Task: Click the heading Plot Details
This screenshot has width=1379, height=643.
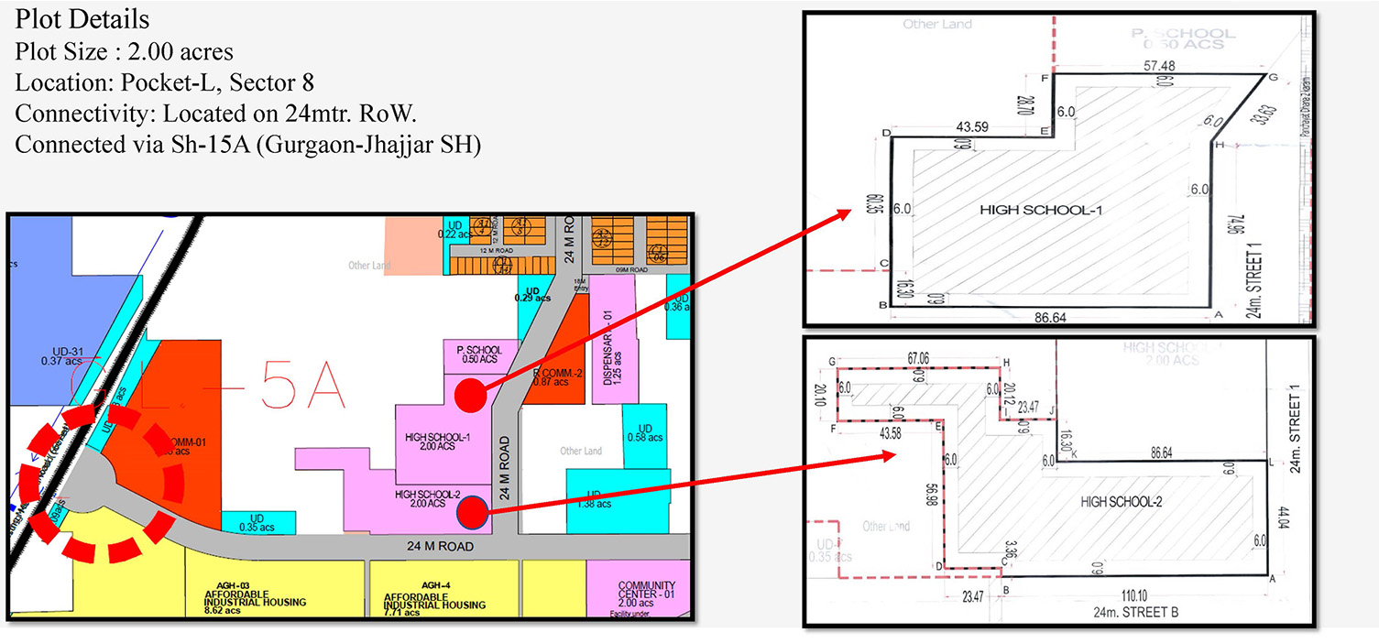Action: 82,18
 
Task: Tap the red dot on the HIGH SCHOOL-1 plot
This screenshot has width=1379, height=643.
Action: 470,395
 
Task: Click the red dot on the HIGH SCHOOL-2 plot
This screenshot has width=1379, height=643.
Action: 472,512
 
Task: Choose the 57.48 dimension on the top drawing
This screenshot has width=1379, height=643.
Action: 1159,67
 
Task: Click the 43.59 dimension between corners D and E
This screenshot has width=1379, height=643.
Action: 971,125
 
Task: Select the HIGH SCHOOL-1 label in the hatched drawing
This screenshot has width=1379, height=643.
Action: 1040,210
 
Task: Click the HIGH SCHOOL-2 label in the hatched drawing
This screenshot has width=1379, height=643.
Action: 1121,501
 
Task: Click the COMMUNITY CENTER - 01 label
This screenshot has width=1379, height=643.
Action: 646,592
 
